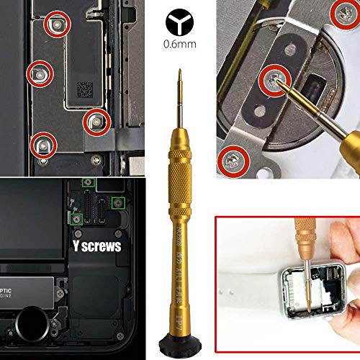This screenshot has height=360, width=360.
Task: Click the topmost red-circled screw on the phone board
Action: point(55,27)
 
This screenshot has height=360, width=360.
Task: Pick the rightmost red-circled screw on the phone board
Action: point(94,121)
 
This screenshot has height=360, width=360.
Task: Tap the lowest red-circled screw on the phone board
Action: point(42,145)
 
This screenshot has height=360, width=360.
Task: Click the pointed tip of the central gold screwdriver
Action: point(179,70)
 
